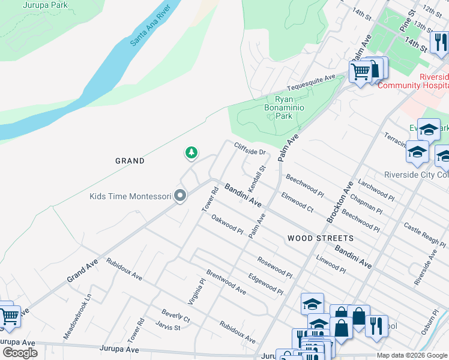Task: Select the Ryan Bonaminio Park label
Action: pos(284,107)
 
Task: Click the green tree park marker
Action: pos(191,154)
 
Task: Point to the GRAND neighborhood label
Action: pos(130,161)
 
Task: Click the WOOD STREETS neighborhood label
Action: pos(320,238)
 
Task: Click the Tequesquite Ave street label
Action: pos(312,82)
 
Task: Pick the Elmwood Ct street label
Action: pos(298,202)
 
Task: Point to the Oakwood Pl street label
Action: pos(227,225)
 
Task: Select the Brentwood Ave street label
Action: pos(226,281)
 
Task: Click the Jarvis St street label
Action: pos(168,327)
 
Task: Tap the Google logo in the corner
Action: pos(20,353)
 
